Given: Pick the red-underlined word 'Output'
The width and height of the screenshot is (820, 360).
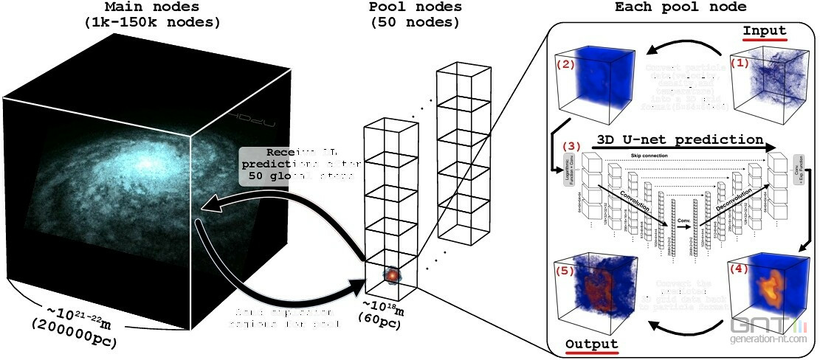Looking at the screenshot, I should click(x=593, y=345).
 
